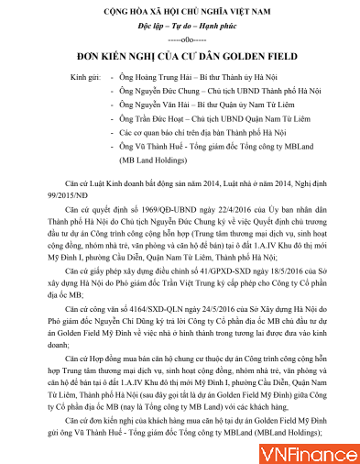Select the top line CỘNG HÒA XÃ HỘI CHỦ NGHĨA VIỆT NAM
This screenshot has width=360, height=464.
[180, 10]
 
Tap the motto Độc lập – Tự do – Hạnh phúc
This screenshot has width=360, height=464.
[180, 26]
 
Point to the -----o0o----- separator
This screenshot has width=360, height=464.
[180, 39]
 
